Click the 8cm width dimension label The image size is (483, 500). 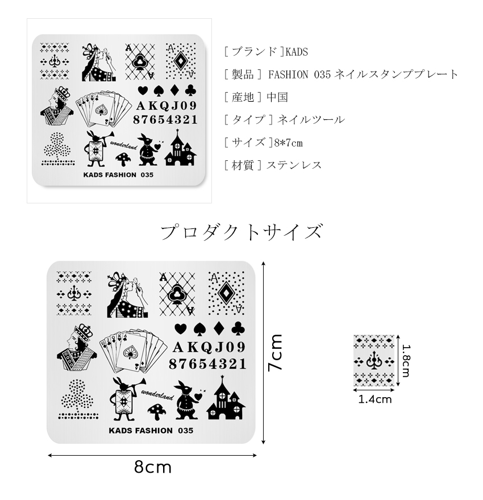tap(153, 468)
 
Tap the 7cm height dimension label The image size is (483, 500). tap(276, 352)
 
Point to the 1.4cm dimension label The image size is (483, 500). tap(374, 399)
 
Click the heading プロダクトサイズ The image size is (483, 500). tap(241, 232)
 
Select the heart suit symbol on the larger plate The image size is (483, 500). tap(180, 328)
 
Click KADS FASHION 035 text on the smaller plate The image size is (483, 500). tap(118, 175)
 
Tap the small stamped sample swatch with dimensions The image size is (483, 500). tap(374, 360)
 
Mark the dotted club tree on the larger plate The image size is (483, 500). tap(74, 398)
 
